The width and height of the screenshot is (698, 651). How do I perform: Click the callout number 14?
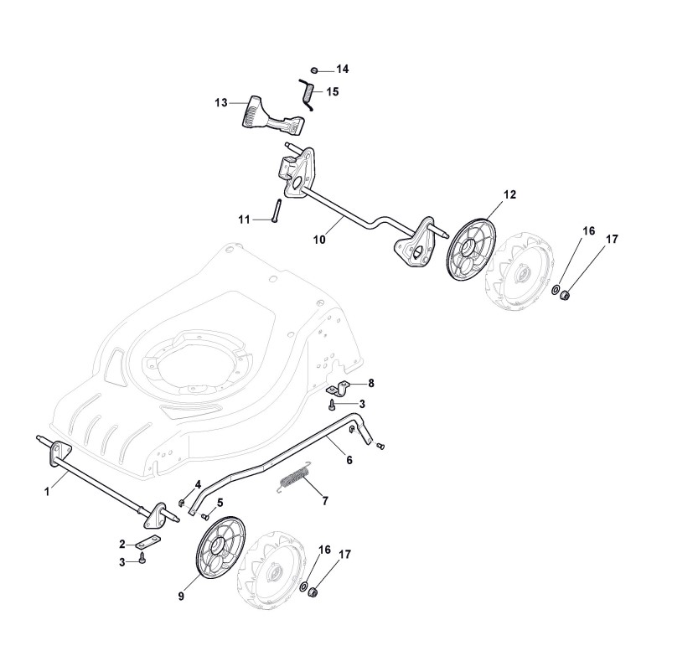343,69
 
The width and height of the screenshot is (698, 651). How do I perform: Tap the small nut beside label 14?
313,70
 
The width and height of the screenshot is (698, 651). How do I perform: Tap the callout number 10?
319,239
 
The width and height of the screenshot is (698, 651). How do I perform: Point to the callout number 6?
349,460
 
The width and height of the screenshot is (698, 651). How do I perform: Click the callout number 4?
198,484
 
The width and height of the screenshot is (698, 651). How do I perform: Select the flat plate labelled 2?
149,542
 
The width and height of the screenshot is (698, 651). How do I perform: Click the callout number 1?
47,493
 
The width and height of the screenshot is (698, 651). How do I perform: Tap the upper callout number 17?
612,240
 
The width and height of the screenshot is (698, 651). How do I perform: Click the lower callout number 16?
325,550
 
